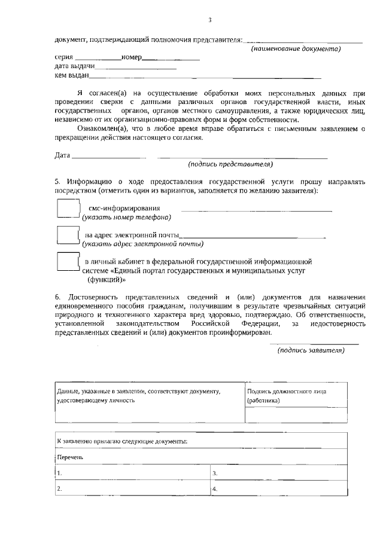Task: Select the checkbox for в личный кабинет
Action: coord(68,262)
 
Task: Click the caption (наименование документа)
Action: coord(296,48)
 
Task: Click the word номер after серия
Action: coord(131,57)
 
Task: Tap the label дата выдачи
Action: coord(74,66)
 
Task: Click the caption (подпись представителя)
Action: coord(230,164)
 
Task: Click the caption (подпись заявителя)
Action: coord(311,350)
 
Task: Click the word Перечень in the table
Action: coord(69,457)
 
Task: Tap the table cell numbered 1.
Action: coord(132,473)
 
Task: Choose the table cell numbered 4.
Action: coord(278,488)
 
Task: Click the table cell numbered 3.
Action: coord(278,473)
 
